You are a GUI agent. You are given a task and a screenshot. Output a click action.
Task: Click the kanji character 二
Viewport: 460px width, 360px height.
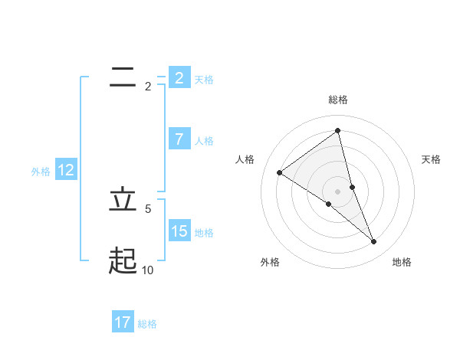pos(123,77)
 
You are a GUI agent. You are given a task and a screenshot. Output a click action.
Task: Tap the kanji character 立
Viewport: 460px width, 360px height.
pos(123,200)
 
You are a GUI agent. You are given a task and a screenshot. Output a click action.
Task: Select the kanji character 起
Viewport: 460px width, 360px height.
pos(123,261)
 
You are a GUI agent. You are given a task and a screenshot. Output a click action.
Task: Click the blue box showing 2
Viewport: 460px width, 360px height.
pos(179,77)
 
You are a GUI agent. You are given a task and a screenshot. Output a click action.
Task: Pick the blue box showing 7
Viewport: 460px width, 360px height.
pos(179,139)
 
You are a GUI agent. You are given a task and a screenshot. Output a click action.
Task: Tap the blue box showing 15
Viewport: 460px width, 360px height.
pos(179,231)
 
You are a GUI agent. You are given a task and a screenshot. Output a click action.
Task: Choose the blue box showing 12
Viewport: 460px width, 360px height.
pos(66,170)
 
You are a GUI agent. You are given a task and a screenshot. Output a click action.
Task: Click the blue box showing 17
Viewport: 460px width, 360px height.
pos(123,322)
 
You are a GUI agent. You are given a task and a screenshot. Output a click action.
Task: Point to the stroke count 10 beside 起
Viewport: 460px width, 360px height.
pos(147,270)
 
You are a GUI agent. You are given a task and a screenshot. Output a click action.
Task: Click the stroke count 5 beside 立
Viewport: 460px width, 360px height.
pos(148,208)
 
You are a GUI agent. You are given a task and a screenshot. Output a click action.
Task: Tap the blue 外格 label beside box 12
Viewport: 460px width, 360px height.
pos(41,172)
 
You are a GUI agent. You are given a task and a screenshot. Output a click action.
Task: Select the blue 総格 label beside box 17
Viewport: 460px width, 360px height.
pos(147,324)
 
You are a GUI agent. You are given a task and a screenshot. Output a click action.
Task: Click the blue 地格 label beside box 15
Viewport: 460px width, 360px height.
pos(204,232)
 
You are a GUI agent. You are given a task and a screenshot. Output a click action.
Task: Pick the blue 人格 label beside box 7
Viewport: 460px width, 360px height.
pos(204,141)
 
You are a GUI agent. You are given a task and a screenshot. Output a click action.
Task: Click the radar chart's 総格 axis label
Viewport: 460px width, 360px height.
pos(338,100)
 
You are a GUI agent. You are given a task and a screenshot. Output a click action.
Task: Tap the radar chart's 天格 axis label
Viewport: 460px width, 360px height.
pos(432,159)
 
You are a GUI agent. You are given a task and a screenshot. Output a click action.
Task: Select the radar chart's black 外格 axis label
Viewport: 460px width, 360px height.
pos(270,262)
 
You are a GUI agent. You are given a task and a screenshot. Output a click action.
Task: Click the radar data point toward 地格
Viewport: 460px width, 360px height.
pos(374,241)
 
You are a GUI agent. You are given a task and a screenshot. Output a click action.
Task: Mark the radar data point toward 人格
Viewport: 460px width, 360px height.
pos(280,172)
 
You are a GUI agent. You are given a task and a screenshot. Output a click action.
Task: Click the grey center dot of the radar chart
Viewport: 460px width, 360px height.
pos(338,191)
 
